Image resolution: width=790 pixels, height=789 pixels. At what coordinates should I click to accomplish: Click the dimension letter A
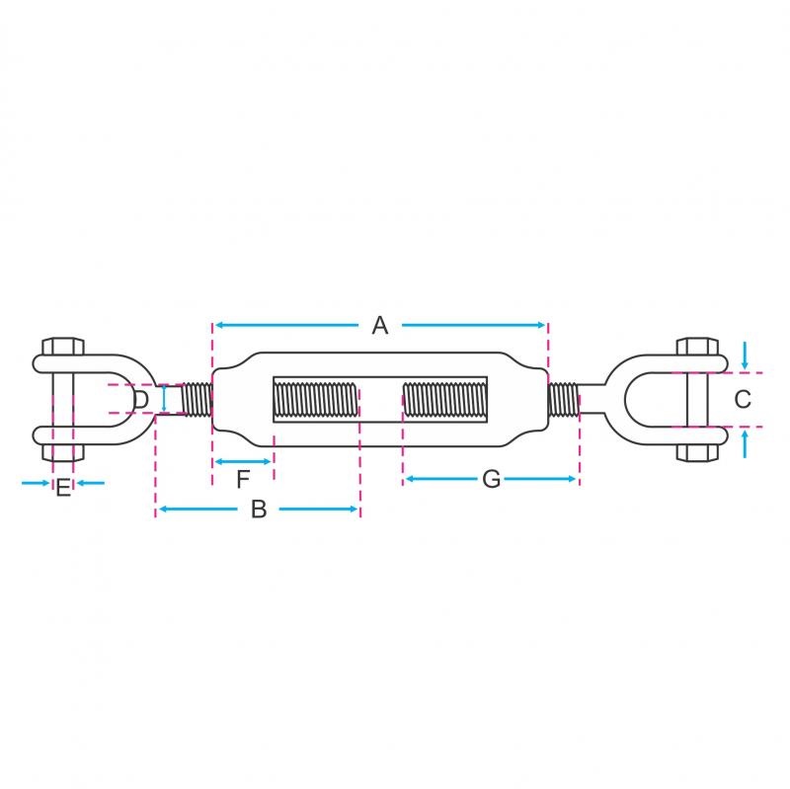(x=380, y=325)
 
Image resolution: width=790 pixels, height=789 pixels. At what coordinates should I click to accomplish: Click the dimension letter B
(x=259, y=510)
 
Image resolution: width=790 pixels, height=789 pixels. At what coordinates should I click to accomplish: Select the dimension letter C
(x=743, y=399)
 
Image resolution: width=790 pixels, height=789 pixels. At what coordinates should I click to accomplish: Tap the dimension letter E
(x=63, y=488)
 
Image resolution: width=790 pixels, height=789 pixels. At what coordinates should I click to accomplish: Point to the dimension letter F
(x=243, y=479)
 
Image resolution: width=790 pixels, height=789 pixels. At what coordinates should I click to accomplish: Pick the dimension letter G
(x=491, y=479)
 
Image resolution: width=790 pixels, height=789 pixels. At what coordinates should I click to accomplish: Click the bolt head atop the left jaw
(x=63, y=347)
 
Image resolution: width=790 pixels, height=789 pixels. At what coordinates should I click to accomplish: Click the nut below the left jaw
(x=63, y=453)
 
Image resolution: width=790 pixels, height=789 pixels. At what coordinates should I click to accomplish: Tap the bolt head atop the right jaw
(x=697, y=347)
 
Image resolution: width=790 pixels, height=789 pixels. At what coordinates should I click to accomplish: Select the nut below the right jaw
(x=697, y=453)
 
